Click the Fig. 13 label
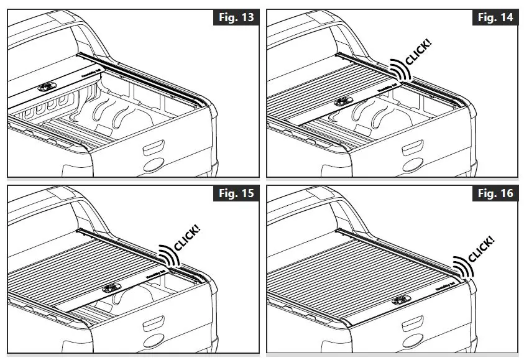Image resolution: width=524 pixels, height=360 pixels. click(x=237, y=17)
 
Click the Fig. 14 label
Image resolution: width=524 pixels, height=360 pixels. click(x=495, y=17)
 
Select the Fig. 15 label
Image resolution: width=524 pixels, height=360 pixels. click(x=237, y=193)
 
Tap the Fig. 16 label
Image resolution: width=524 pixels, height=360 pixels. click(x=495, y=193)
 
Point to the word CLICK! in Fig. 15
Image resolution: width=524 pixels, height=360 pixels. click(x=188, y=236)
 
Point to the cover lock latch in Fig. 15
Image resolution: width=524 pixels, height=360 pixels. click(x=110, y=288)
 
